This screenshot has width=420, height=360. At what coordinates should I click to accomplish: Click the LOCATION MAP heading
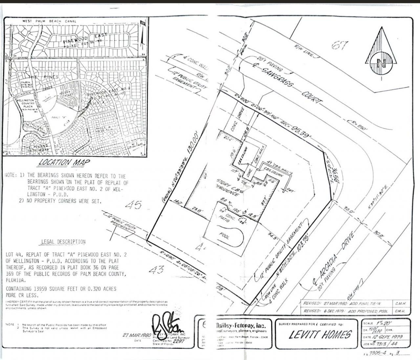click(x=64, y=162)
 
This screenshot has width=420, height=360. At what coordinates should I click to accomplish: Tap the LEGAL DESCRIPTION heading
click(x=63, y=242)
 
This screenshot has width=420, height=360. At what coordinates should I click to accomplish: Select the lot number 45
click(x=134, y=206)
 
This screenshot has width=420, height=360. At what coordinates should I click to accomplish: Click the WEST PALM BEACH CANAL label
click(x=49, y=21)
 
